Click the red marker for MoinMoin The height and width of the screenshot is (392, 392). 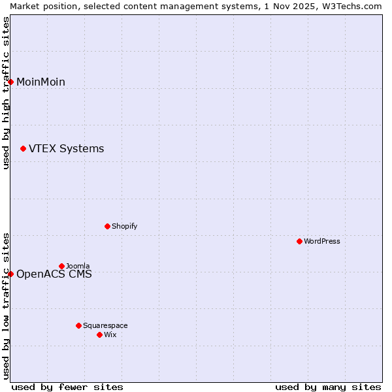coord(10,82)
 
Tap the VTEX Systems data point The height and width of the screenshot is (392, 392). coord(23,149)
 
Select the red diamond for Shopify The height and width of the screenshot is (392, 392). coord(107,226)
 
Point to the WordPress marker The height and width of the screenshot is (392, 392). coord(299,241)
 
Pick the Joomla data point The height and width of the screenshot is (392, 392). coord(61,266)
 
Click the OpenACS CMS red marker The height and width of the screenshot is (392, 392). coord(10,274)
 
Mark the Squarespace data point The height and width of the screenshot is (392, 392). coord(78,325)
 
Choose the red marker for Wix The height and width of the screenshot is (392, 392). coord(99,335)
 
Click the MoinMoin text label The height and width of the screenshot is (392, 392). coord(41,82)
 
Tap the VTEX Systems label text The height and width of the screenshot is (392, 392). coord(66,149)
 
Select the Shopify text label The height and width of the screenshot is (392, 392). coord(124,226)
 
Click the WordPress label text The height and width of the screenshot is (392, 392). coord(321,241)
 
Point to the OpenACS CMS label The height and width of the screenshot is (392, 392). coord(54,274)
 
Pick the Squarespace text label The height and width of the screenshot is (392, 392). coord(105,325)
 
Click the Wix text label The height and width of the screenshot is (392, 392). coord(110,335)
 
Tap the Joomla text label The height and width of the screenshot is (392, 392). coord(78,266)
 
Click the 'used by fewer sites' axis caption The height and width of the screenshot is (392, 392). coord(67,387)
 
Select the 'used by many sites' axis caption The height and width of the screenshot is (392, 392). coord(328,387)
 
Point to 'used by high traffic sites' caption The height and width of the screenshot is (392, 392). coord(6,93)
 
